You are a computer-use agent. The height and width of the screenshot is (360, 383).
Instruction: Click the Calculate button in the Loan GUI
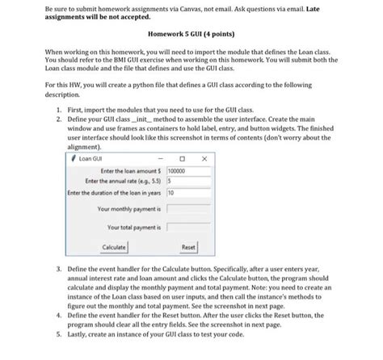click(x=114, y=246)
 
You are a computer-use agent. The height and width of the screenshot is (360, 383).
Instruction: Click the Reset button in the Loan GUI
click(x=188, y=246)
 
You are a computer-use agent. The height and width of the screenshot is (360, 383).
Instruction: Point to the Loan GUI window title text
click(x=94, y=159)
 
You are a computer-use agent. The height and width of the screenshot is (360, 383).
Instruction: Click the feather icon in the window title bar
click(x=74, y=159)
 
